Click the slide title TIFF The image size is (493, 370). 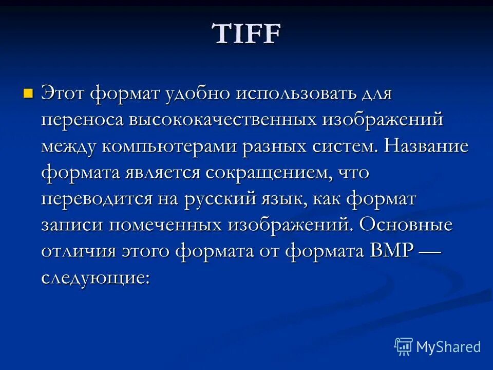pos(247,35)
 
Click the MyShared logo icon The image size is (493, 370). pos(404,347)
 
